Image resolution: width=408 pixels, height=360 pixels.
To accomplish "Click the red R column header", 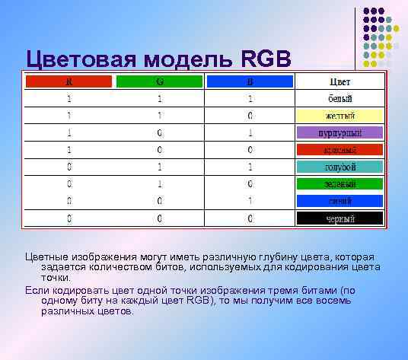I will [69, 81].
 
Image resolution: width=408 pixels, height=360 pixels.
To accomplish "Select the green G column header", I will [159, 81].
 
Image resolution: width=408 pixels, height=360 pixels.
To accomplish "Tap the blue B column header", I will [249, 81].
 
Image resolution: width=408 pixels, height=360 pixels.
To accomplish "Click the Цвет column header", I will [339, 81].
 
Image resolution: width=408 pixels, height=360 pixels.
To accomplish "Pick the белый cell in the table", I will [339, 99].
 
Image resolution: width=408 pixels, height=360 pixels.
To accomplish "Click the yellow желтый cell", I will [339, 116].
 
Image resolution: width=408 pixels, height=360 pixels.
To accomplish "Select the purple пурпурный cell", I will [339, 132].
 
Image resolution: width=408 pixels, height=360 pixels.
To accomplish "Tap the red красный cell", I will [339, 150].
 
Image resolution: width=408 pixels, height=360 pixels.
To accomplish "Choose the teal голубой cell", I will [339, 167].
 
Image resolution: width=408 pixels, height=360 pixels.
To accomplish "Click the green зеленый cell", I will [339, 184].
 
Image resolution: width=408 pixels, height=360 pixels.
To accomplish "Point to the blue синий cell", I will [339, 201].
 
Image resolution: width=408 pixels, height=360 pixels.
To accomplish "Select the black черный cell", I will [339, 218].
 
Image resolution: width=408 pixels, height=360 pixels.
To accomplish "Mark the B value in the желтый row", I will [250, 116].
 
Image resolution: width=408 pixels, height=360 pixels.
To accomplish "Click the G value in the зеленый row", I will [160, 184].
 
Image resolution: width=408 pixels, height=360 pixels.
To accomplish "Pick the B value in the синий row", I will [250, 201].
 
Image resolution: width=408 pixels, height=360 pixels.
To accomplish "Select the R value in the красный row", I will [69, 150].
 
